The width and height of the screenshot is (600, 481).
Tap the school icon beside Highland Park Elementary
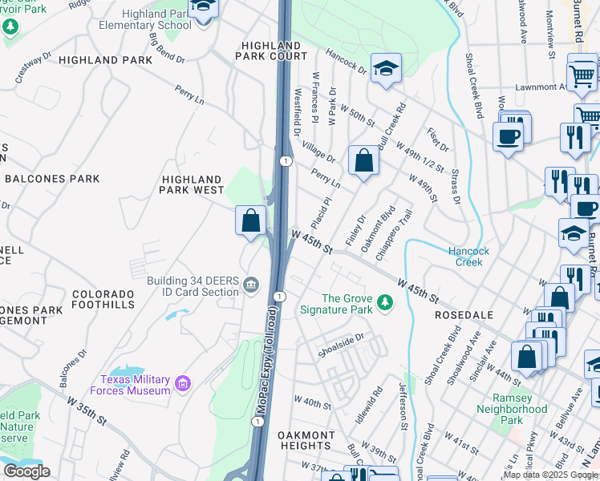203,9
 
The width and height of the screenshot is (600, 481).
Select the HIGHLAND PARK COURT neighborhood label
271,51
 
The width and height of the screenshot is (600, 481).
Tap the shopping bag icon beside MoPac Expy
250,220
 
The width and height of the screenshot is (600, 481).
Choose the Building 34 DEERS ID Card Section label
193,285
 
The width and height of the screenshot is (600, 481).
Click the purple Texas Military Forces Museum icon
182,385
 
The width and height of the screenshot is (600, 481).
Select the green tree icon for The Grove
386,303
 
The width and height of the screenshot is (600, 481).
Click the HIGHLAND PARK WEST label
192,184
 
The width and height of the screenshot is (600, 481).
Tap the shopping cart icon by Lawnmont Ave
582,75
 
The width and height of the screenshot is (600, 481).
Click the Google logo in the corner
26,471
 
